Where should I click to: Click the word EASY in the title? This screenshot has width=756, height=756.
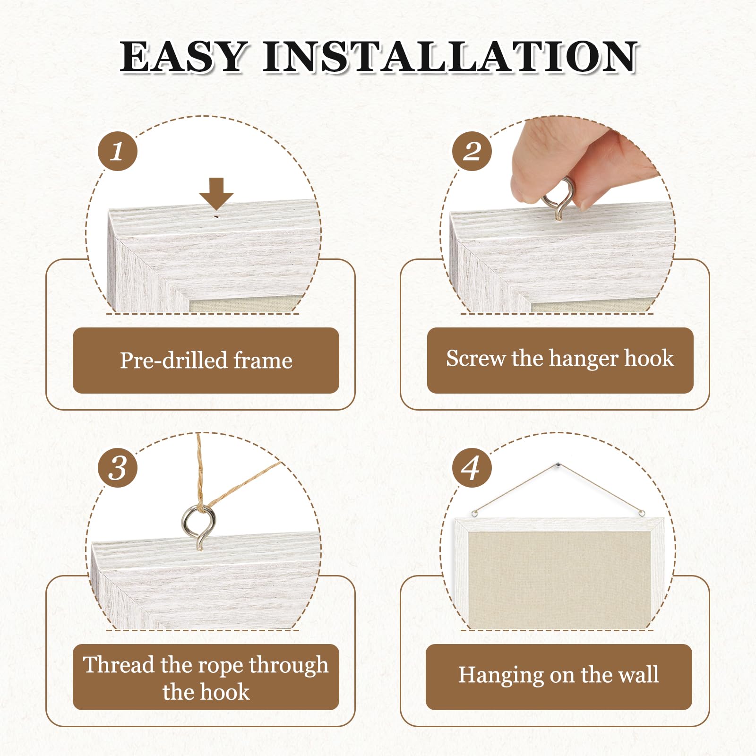tap(183, 57)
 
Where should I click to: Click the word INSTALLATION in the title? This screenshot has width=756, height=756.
tap(450, 57)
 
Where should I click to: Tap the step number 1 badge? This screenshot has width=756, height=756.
tap(118, 151)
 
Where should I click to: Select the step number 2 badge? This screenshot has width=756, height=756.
tap(472, 151)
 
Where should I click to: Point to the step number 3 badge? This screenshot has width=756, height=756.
tap(118, 468)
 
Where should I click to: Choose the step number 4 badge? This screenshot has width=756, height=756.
tap(472, 468)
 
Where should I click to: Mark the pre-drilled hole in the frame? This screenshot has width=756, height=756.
tap(216, 216)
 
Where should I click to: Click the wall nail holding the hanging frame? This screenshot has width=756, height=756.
tap(558, 466)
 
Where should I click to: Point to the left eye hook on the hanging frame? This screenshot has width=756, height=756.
tap(475, 513)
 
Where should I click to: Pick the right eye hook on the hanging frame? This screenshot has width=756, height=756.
tap(641, 513)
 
